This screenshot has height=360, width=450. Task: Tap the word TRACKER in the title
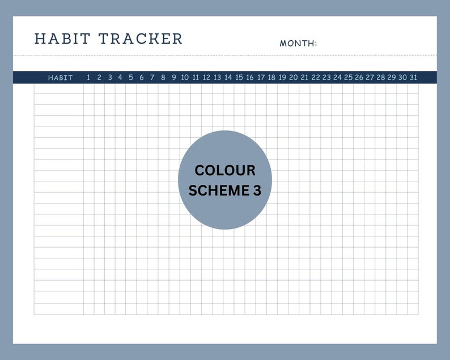140,39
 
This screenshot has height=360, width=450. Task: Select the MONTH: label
298,43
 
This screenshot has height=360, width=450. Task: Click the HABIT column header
61,78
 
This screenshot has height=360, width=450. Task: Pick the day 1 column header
88,78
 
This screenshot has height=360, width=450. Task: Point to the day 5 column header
131,78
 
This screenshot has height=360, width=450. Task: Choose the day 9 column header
174,78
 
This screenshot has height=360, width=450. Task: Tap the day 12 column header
206,78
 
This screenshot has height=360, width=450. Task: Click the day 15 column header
239,78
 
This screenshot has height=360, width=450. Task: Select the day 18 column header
271,78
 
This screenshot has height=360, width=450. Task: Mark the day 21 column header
304,78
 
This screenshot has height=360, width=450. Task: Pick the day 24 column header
337,78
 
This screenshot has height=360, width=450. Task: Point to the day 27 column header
370,78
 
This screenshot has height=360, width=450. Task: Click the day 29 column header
392,78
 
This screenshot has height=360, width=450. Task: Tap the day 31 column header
413,78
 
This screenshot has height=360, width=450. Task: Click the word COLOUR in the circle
225,170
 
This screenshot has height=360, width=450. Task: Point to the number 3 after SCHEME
257,190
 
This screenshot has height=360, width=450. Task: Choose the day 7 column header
152,78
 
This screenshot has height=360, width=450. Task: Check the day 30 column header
402,78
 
